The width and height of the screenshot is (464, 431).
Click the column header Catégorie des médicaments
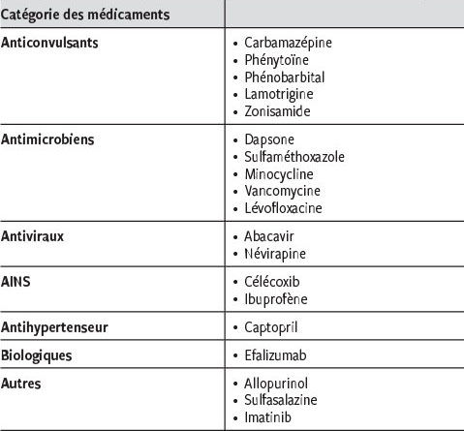coord(86,15)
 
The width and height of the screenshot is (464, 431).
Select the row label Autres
coord(21,384)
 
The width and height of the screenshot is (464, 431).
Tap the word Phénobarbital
coord(284,77)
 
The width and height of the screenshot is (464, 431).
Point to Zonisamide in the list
coord(278,110)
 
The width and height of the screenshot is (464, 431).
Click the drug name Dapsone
coord(268,139)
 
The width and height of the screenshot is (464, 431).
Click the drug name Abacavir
coord(271,236)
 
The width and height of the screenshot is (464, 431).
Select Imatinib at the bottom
coord(268,417)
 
